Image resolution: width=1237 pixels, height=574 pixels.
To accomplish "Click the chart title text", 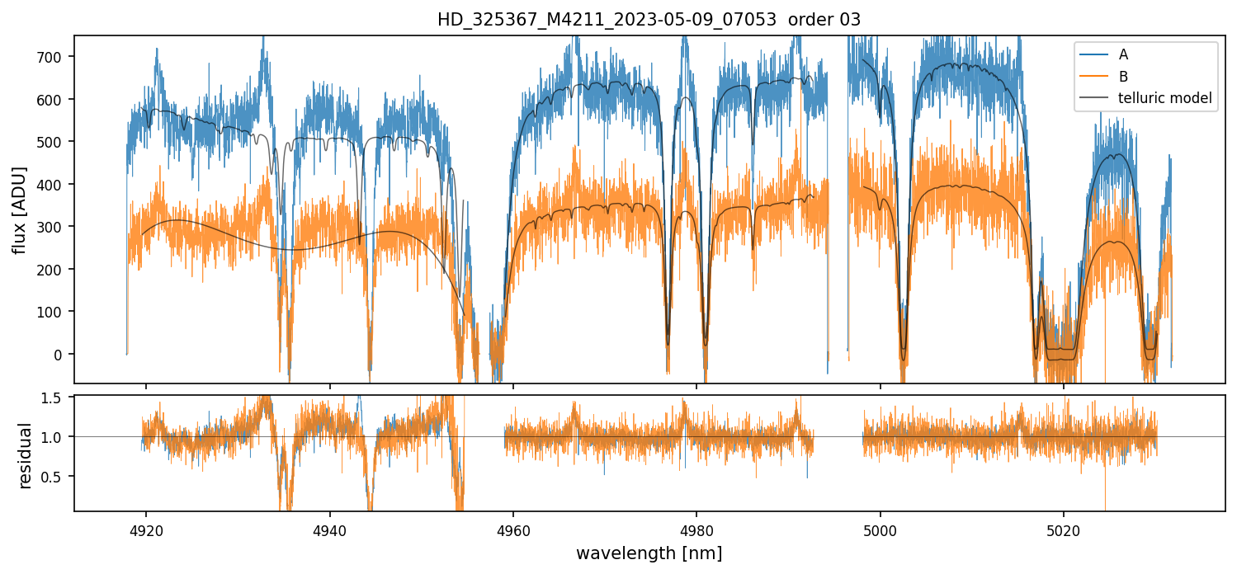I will pos(649,20).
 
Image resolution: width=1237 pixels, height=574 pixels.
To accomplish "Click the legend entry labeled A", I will pos(1123,54).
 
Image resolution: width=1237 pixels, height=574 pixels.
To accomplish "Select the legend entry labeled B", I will pos(1123,77).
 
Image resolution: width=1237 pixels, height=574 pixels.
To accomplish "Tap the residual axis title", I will pos(26,455).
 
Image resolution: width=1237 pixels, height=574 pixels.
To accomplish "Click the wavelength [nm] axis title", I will pos(649,553).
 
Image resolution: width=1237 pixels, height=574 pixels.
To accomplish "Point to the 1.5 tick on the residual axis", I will pos(57,398).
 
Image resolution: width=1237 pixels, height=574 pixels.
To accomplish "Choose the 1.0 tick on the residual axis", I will pos(57,437).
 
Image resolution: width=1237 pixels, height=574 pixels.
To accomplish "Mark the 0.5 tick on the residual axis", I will pos(57,477).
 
